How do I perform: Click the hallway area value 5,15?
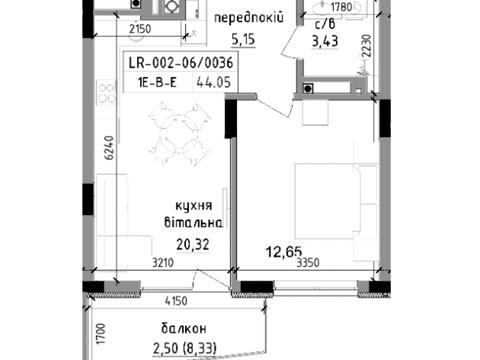[245, 40]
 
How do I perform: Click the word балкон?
[181, 328]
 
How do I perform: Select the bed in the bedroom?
[330, 195]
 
